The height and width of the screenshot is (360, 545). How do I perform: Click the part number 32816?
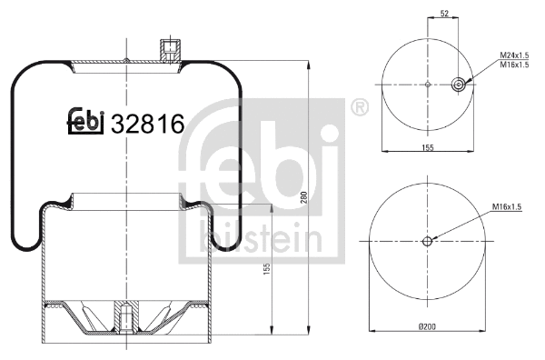(147, 124)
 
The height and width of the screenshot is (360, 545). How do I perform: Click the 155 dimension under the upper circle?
(427, 147)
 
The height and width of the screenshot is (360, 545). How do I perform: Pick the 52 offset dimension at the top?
(443, 15)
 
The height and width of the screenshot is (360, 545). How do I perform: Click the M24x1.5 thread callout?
(515, 56)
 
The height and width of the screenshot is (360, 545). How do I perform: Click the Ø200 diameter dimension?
(427, 326)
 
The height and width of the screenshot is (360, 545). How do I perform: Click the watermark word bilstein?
(259, 238)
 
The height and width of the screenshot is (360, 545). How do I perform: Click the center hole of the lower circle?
(427, 241)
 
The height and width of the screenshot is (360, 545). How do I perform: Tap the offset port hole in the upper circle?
(459, 86)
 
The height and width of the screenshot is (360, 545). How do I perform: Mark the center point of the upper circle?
(427, 86)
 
